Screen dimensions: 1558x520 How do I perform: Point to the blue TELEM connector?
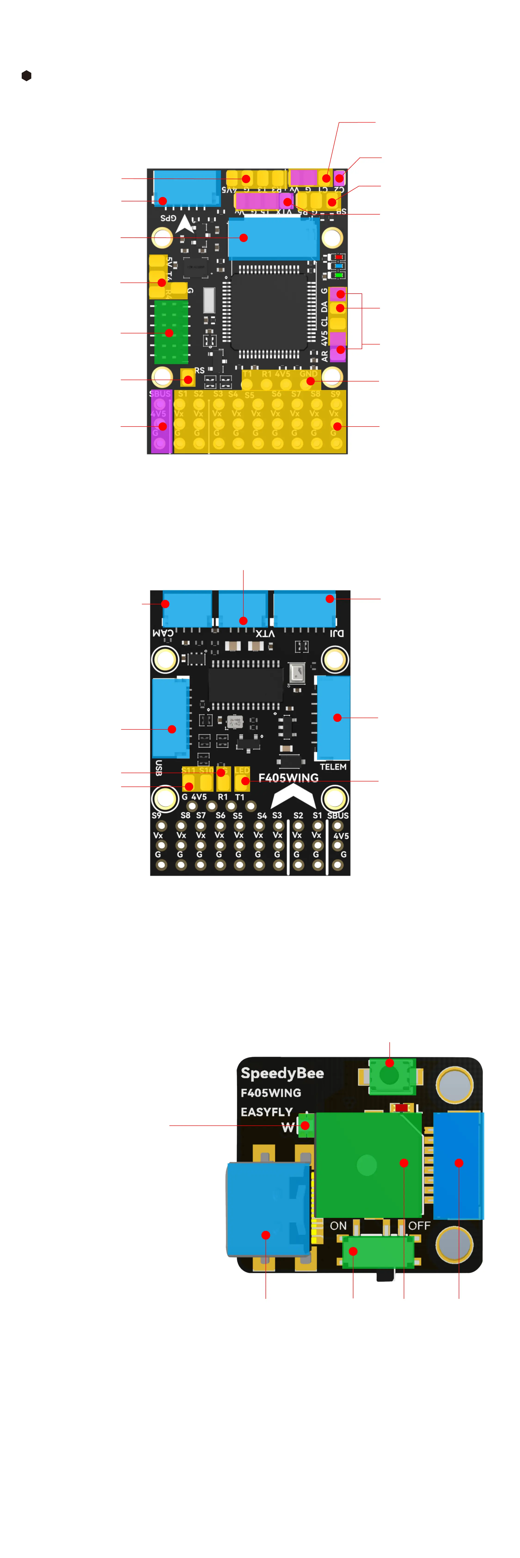click(333, 717)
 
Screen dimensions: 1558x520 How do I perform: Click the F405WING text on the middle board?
click(288, 778)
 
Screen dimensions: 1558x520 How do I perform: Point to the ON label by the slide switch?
click(338, 1225)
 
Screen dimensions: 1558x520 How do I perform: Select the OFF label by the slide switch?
click(419, 1225)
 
